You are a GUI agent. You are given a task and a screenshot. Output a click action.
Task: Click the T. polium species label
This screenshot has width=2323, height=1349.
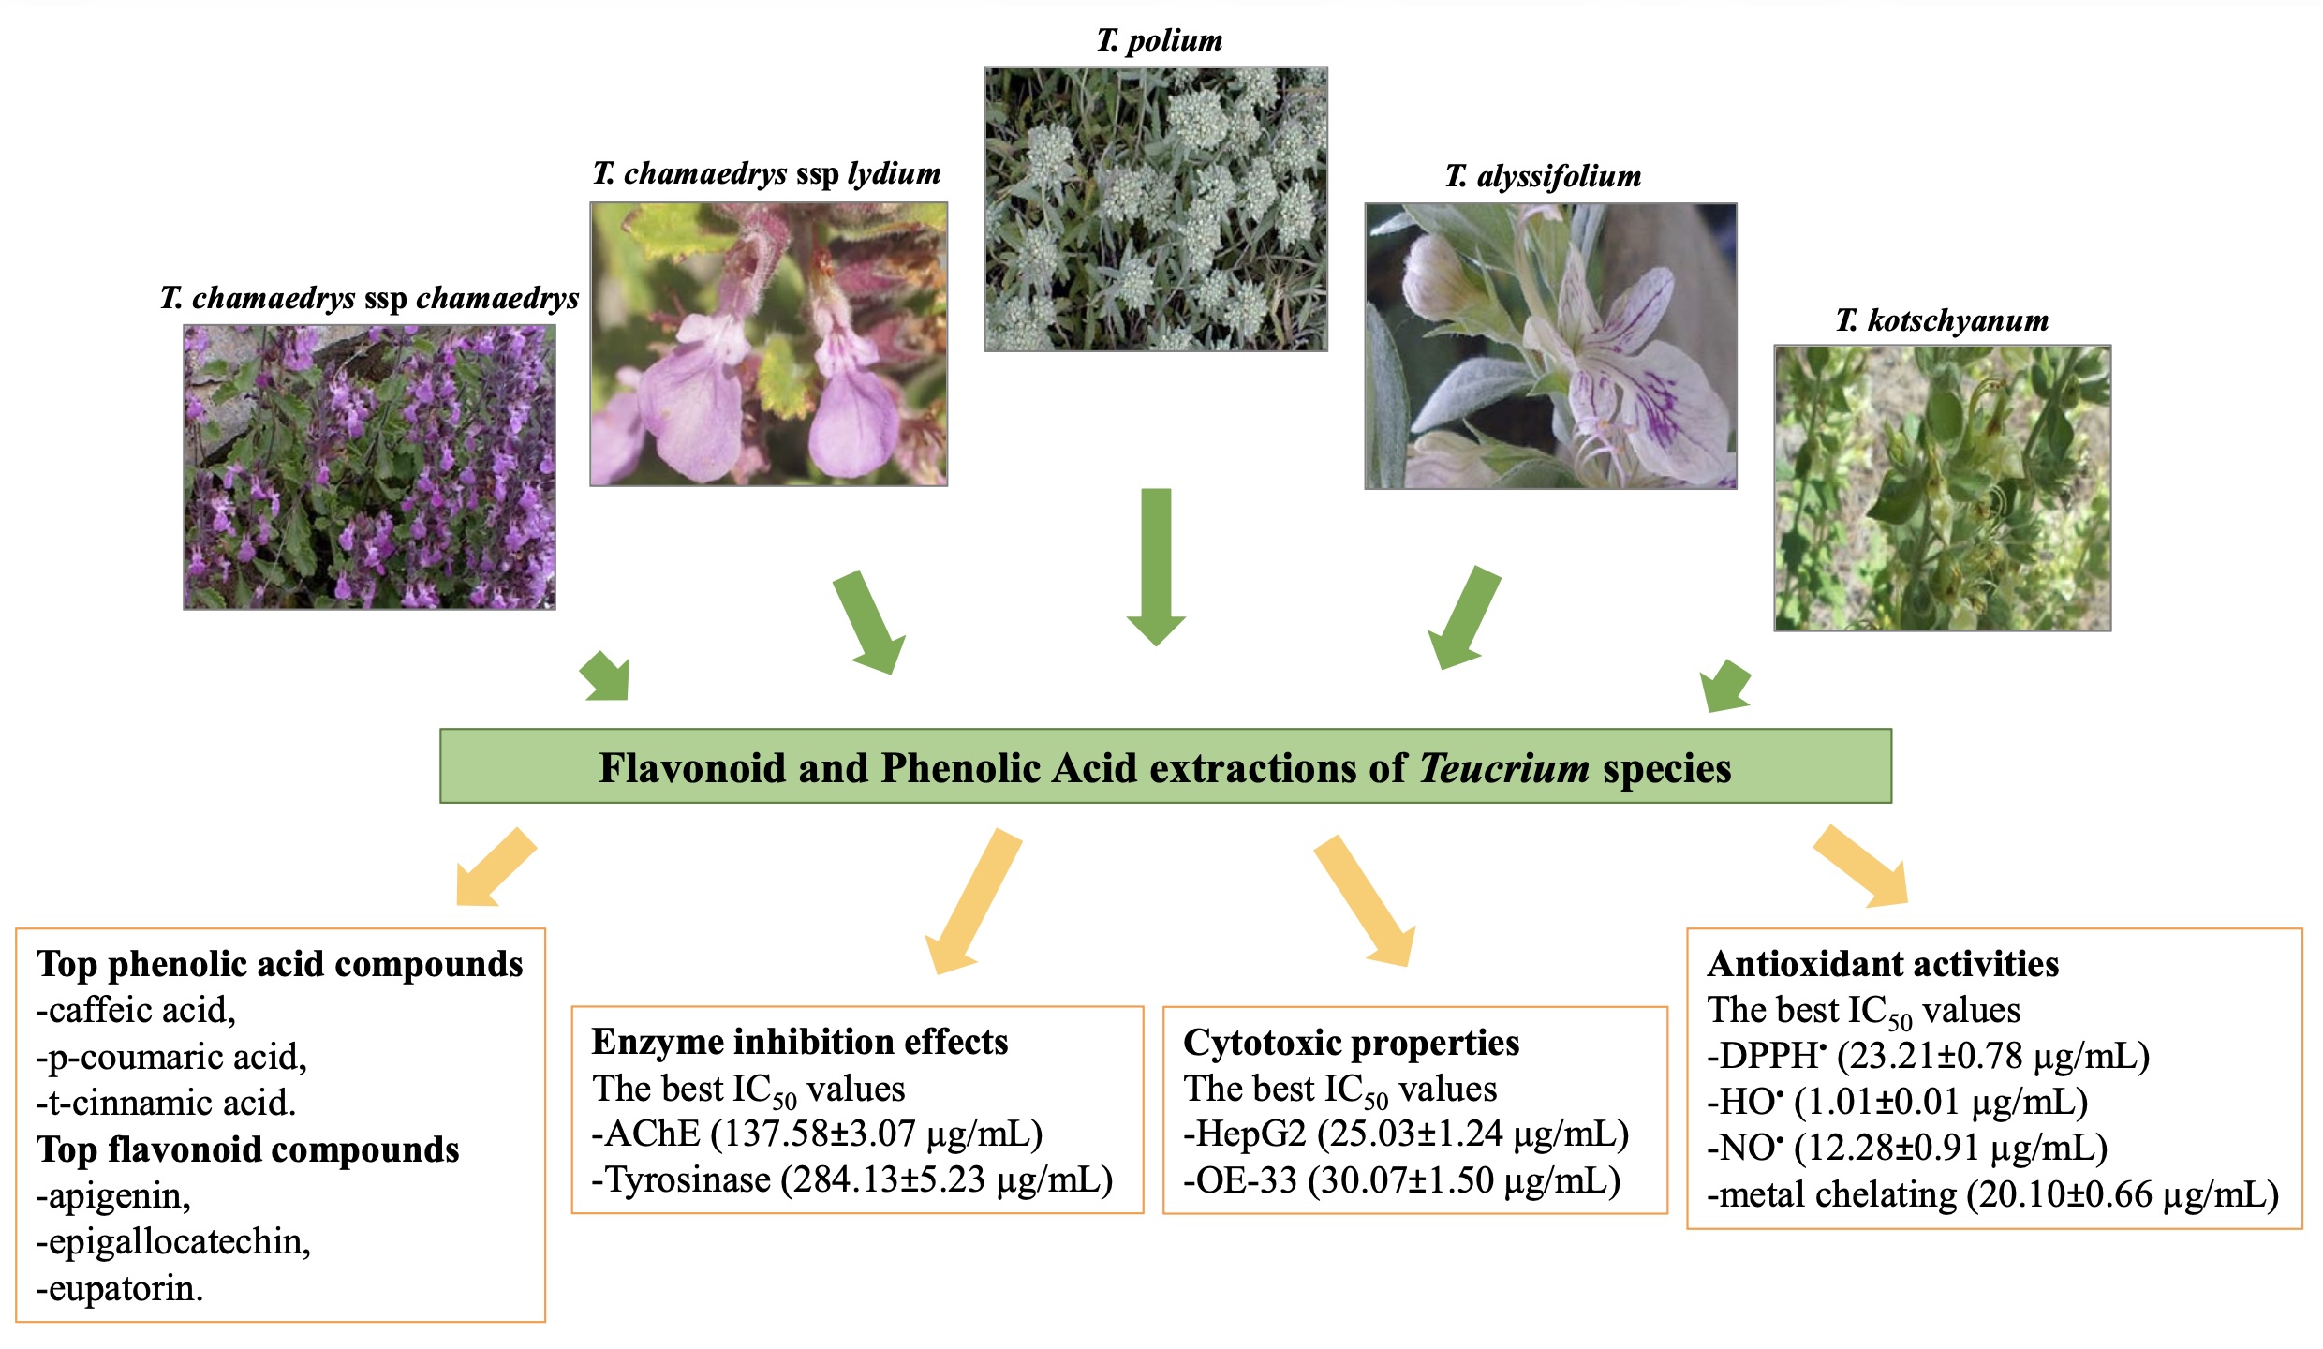(x=1160, y=40)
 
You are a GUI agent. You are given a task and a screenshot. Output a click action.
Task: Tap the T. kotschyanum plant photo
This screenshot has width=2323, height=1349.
(x=1942, y=488)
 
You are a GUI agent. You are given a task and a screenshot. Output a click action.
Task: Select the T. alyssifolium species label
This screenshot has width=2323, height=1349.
(x=1543, y=176)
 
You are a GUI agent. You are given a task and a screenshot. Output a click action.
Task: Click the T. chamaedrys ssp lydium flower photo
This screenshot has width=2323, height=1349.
(x=768, y=344)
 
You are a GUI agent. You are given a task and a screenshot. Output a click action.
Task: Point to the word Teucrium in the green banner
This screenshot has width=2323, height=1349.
(x=1503, y=768)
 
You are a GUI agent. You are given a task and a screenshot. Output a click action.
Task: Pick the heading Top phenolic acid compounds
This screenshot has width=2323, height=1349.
(x=279, y=964)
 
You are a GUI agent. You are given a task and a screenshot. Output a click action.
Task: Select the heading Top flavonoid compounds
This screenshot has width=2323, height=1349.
(x=247, y=1149)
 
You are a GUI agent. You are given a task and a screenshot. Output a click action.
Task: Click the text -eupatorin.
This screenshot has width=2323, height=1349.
(x=119, y=1289)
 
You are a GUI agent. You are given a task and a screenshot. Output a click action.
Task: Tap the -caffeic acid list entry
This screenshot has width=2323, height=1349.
(x=136, y=1010)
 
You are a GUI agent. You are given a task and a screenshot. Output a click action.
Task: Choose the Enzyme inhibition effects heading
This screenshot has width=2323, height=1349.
(x=799, y=1042)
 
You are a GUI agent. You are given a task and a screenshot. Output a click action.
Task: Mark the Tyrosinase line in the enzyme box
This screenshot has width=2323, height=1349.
(x=851, y=1179)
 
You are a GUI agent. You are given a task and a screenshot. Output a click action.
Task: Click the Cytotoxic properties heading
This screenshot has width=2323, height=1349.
(x=1351, y=1043)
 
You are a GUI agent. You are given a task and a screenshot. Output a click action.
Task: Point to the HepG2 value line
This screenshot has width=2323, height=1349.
(x=1405, y=1134)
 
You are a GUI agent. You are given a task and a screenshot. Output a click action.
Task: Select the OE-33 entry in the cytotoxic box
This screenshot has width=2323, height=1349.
(x=1401, y=1180)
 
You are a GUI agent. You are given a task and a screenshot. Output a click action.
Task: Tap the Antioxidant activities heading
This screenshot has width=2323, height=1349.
(x=1883, y=964)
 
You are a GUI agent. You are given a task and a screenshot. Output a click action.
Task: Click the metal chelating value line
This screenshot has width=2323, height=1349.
(x=1992, y=1195)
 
